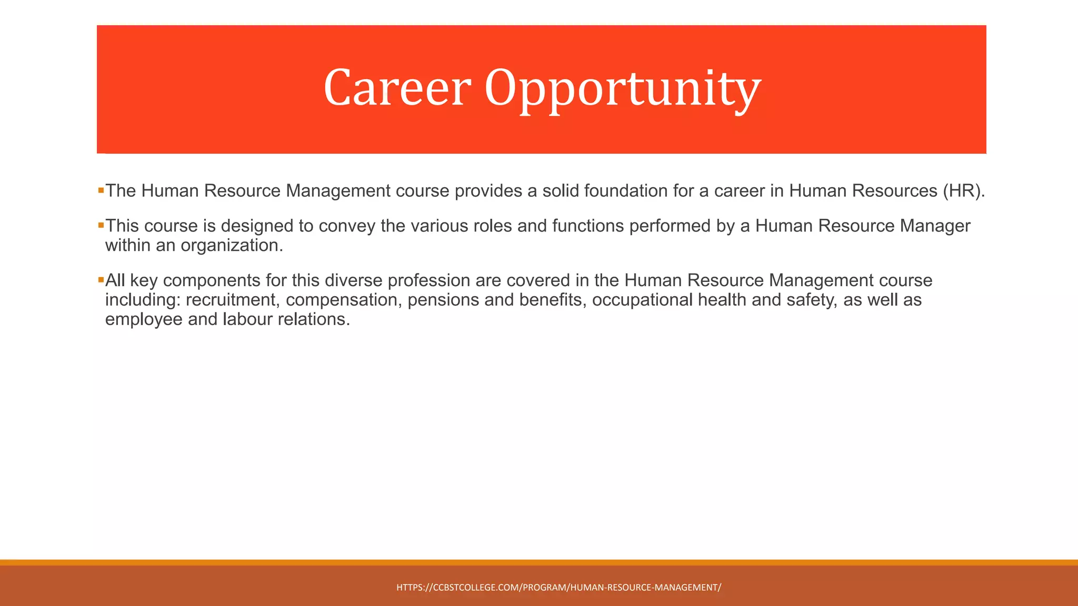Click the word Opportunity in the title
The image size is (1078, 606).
click(x=622, y=88)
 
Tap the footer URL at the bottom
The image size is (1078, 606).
click(x=558, y=588)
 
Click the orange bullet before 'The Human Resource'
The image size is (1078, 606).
click(x=101, y=190)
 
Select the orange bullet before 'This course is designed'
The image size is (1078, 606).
click(x=101, y=225)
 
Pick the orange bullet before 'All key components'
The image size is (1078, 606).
click(x=101, y=280)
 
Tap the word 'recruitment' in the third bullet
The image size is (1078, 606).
click(x=231, y=300)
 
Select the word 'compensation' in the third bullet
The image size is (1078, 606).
click(x=344, y=300)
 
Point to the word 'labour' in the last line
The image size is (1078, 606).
click(x=247, y=319)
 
